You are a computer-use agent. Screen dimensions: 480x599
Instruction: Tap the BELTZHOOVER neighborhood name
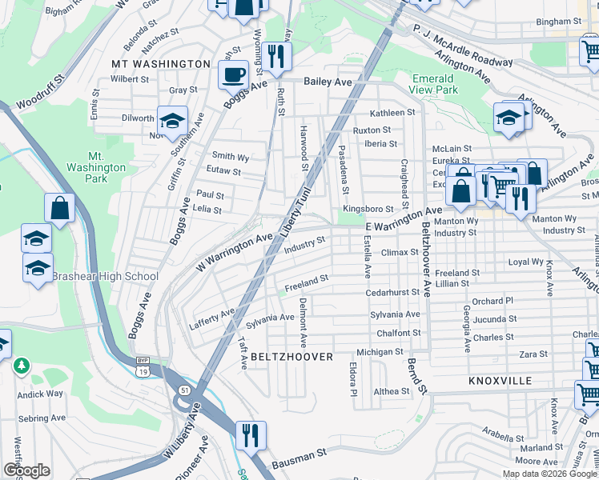(291, 357)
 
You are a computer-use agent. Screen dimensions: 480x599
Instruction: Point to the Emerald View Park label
(434, 85)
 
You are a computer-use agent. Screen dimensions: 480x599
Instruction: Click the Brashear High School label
(105, 277)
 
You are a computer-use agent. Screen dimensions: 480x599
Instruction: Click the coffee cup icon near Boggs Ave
(233, 74)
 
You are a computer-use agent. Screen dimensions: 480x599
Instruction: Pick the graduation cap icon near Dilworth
(172, 120)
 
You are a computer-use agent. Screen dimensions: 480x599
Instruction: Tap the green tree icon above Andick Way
(22, 366)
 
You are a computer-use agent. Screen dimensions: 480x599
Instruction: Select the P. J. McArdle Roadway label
(463, 48)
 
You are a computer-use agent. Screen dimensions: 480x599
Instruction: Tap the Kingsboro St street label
(366, 210)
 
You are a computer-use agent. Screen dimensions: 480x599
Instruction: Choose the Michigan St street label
(380, 352)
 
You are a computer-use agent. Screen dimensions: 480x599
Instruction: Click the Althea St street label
(392, 392)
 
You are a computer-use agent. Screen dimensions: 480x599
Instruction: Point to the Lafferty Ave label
(211, 318)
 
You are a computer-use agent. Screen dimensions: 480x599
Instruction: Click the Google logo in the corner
(26, 470)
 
